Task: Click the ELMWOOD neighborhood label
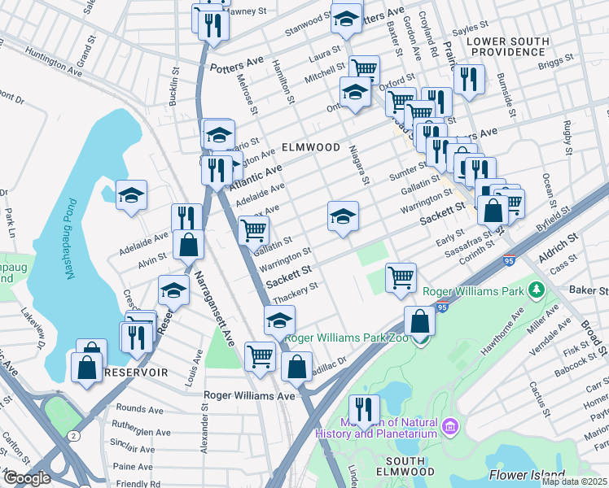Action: [x=310, y=147]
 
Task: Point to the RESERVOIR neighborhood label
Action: [x=135, y=372]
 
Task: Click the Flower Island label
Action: [x=526, y=475]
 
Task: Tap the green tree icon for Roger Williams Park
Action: [x=536, y=289]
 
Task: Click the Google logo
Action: [x=27, y=478]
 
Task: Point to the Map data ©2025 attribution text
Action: [x=574, y=481]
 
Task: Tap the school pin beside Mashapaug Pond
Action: [x=131, y=195]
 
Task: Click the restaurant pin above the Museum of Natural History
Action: [x=364, y=409]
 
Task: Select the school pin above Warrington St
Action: [x=343, y=216]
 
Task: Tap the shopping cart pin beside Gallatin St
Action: [x=254, y=230]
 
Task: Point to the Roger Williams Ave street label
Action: [x=248, y=396]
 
